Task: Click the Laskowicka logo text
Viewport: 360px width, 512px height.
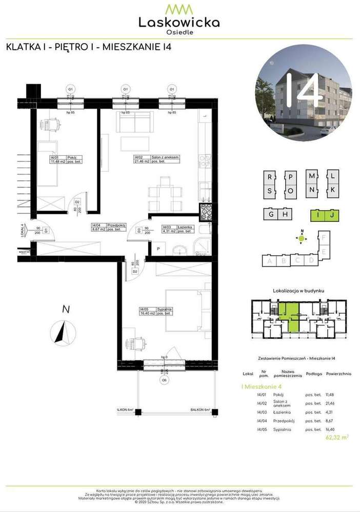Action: (x=179, y=22)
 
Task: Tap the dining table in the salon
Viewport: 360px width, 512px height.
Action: (x=165, y=193)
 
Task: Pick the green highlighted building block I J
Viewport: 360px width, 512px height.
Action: (x=326, y=214)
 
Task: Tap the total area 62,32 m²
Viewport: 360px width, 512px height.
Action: (x=337, y=437)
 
